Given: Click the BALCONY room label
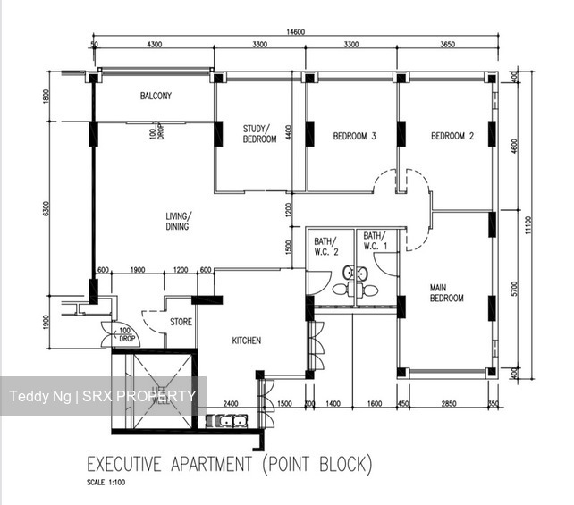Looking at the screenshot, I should (x=156, y=96).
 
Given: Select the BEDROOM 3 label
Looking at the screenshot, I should (x=354, y=136).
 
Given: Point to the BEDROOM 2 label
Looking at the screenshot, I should (x=452, y=136).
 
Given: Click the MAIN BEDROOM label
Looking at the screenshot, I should (x=446, y=292).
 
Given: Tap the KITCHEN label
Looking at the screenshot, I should (x=246, y=341).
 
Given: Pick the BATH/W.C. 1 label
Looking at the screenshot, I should (x=376, y=240).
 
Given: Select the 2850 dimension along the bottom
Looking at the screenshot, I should (x=449, y=404).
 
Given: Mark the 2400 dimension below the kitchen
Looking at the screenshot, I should (x=230, y=404).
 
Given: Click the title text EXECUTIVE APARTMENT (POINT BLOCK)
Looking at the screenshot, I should (x=228, y=465).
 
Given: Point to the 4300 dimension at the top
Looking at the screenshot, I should (x=154, y=44).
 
